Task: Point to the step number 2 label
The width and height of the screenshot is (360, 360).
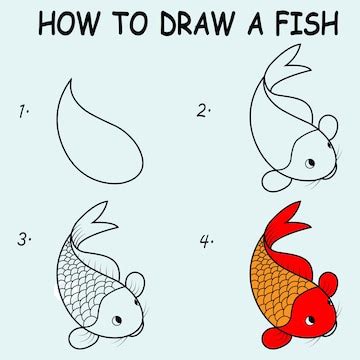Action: coord(203,111)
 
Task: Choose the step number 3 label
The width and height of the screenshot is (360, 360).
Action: coord(22,240)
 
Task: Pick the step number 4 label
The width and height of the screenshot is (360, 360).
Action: coord(204,241)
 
